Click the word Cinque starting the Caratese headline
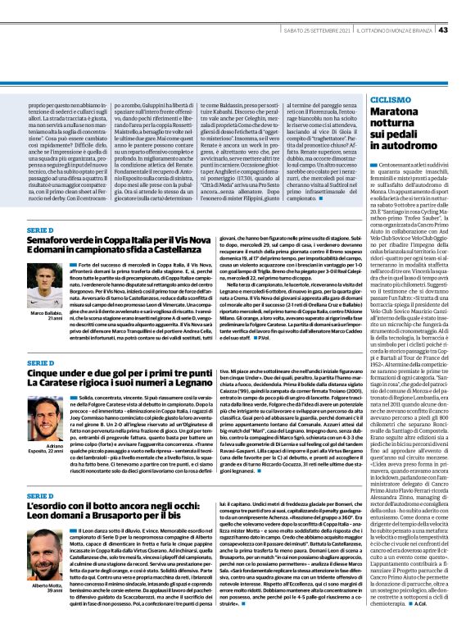(43, 371)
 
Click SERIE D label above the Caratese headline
(40, 361)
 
